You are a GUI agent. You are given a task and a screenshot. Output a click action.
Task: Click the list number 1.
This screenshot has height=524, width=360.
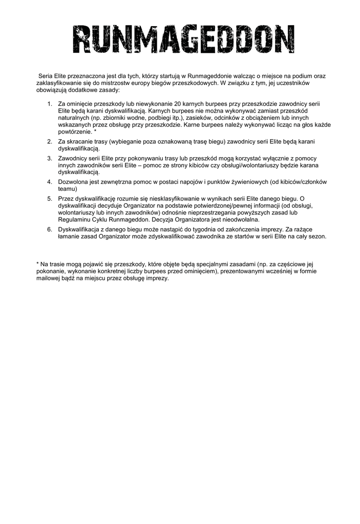click(x=50, y=103)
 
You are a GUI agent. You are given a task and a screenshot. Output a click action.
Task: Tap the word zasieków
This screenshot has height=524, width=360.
click(x=185, y=117)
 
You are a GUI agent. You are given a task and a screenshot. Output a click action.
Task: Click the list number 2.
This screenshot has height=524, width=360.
click(x=50, y=141)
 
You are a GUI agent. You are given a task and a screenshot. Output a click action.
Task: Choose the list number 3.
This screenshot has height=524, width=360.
click(x=50, y=158)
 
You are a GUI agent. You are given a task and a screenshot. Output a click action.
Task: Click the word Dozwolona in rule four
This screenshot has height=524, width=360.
click(x=74, y=182)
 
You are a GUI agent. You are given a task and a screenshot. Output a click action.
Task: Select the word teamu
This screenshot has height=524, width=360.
click(x=67, y=188)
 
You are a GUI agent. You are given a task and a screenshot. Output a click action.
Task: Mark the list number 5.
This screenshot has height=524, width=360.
click(x=50, y=199)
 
